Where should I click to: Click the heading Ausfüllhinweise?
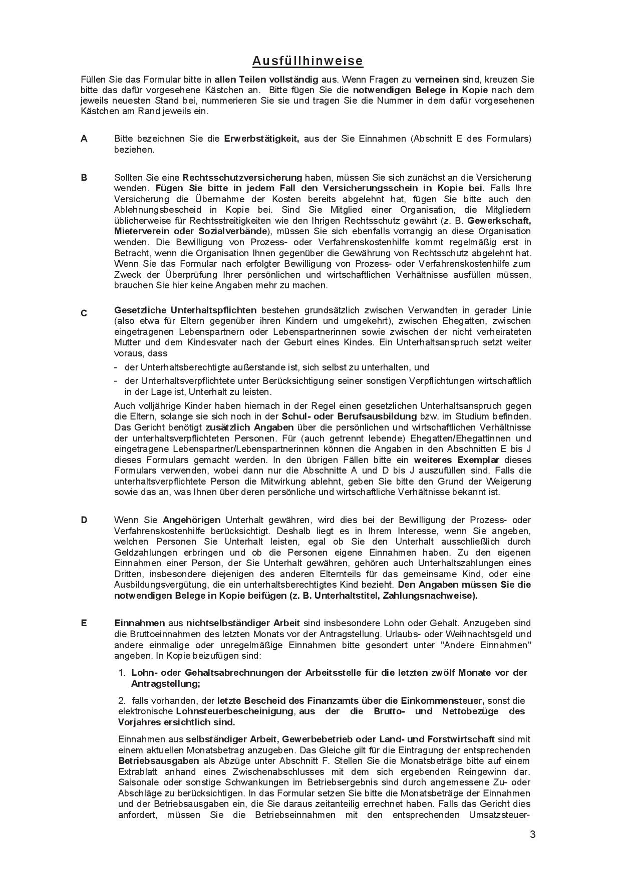point(307,61)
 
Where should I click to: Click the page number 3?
point(532,834)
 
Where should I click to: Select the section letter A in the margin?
point(84,139)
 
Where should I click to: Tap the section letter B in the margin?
point(84,177)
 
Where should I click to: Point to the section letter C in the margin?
point(84,313)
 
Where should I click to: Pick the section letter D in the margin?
point(84,520)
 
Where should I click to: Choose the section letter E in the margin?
point(84,623)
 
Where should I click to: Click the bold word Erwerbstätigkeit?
point(261,139)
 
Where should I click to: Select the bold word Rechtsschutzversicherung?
point(242,177)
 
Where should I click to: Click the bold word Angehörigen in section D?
point(192,520)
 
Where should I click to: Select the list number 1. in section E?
point(122,673)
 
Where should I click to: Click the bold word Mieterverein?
point(142,231)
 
